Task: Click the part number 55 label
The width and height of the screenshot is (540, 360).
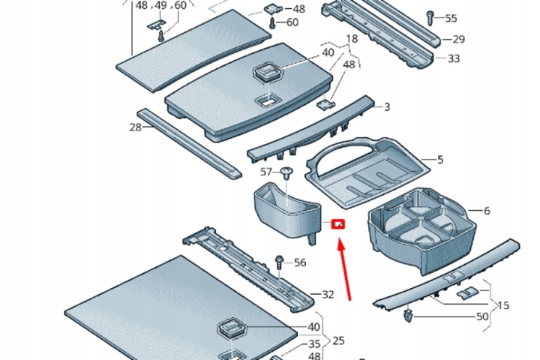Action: pyautogui.click(x=451, y=18)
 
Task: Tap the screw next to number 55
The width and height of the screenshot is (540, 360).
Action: pyautogui.click(x=430, y=18)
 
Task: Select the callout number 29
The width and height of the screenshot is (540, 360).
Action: pyautogui.click(x=458, y=39)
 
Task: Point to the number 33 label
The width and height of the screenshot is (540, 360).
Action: pyautogui.click(x=454, y=58)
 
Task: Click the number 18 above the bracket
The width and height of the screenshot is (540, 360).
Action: pyautogui.click(x=352, y=38)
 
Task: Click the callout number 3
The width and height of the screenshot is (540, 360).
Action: pyautogui.click(x=387, y=106)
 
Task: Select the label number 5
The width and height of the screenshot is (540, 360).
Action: pyautogui.click(x=440, y=160)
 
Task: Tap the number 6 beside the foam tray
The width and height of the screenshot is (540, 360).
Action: pyautogui.click(x=487, y=211)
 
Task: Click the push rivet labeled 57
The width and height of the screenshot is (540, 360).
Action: pyautogui.click(x=286, y=173)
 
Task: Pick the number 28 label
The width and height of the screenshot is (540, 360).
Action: pyautogui.click(x=135, y=127)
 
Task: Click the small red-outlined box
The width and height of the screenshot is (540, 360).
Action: pyautogui.click(x=337, y=224)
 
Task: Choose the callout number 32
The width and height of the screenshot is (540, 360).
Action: pyautogui.click(x=328, y=294)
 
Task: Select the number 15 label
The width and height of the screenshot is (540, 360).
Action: pyautogui.click(x=502, y=305)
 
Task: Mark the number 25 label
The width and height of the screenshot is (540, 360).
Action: pyautogui.click(x=338, y=340)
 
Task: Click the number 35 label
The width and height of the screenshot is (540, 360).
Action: pyautogui.click(x=313, y=343)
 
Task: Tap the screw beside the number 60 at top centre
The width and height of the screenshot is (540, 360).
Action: pyautogui.click(x=272, y=23)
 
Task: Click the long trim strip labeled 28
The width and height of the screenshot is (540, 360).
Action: pyautogui.click(x=190, y=144)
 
